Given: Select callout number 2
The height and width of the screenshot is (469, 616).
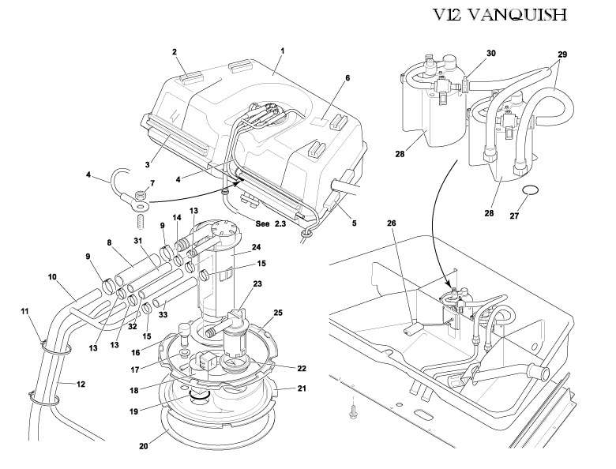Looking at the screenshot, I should pos(174,52).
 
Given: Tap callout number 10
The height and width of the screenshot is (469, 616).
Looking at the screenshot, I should pos(53,277).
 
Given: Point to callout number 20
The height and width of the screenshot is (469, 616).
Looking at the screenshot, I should pos(143,445).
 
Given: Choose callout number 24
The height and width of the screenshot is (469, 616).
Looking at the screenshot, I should pos(256,247).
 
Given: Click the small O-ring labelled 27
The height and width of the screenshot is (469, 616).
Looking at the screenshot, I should pos(533,189).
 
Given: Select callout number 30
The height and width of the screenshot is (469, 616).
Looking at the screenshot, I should pos(490,53).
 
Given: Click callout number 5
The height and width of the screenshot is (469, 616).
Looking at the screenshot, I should pos(354,223).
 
